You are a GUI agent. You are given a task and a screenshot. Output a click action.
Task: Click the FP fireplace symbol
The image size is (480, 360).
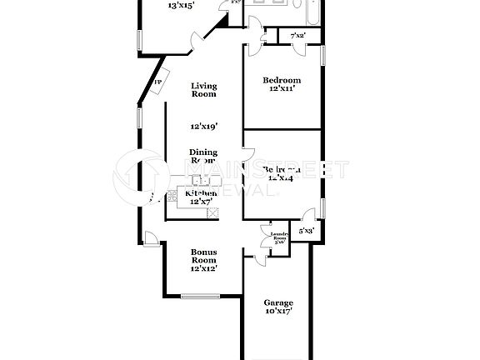tap(157, 83)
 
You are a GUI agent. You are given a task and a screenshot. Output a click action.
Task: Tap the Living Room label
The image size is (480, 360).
tap(203, 90)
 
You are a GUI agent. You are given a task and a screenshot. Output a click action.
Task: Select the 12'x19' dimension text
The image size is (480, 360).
tap(203, 127)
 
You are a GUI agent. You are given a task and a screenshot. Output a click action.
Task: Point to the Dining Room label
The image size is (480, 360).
tap(203, 156)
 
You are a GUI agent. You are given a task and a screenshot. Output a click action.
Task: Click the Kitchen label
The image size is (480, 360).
tap(201, 193)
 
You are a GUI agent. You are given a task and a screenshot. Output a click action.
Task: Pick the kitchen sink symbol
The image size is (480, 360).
tap(201, 180)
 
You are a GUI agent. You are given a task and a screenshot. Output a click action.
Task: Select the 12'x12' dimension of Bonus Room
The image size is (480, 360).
tap(203, 269)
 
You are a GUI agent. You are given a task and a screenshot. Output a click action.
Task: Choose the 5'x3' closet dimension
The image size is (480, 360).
tap(307, 230)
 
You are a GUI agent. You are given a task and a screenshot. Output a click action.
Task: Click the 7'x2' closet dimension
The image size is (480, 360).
tap(297, 36)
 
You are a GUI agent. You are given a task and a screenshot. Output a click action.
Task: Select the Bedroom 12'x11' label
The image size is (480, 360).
tap(282, 84)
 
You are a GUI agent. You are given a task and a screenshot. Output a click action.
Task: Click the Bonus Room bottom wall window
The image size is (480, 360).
tap(200, 295)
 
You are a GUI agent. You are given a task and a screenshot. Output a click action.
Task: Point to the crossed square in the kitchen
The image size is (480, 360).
tap(213, 212)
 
